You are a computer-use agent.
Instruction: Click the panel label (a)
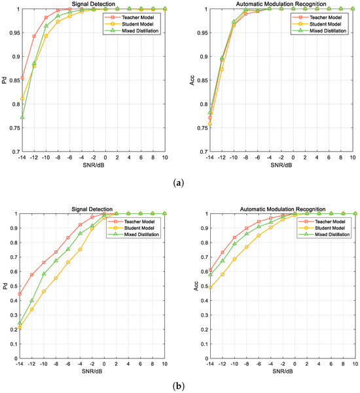(x=179, y=183)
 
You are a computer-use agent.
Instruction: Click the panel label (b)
(x=179, y=386)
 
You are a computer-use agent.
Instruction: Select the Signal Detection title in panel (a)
(x=94, y=4)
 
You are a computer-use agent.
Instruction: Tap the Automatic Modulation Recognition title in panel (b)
(x=283, y=209)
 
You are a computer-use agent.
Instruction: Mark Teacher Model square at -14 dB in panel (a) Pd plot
(x=22, y=78)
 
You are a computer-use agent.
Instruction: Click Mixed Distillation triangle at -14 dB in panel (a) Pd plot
(x=22, y=117)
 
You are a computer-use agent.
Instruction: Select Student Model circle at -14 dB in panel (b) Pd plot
(x=20, y=328)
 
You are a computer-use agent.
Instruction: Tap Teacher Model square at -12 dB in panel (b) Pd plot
(x=32, y=275)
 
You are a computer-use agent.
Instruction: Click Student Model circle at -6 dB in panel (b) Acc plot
(x=259, y=235)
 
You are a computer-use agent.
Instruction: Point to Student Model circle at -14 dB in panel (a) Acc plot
(x=210, y=124)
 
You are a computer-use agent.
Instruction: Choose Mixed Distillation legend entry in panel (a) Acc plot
(x=319, y=31)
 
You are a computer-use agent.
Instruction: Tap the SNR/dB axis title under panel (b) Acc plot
(x=283, y=371)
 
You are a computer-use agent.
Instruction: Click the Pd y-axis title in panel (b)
(x=5, y=286)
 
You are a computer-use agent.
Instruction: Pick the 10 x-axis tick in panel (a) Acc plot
(x=353, y=158)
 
